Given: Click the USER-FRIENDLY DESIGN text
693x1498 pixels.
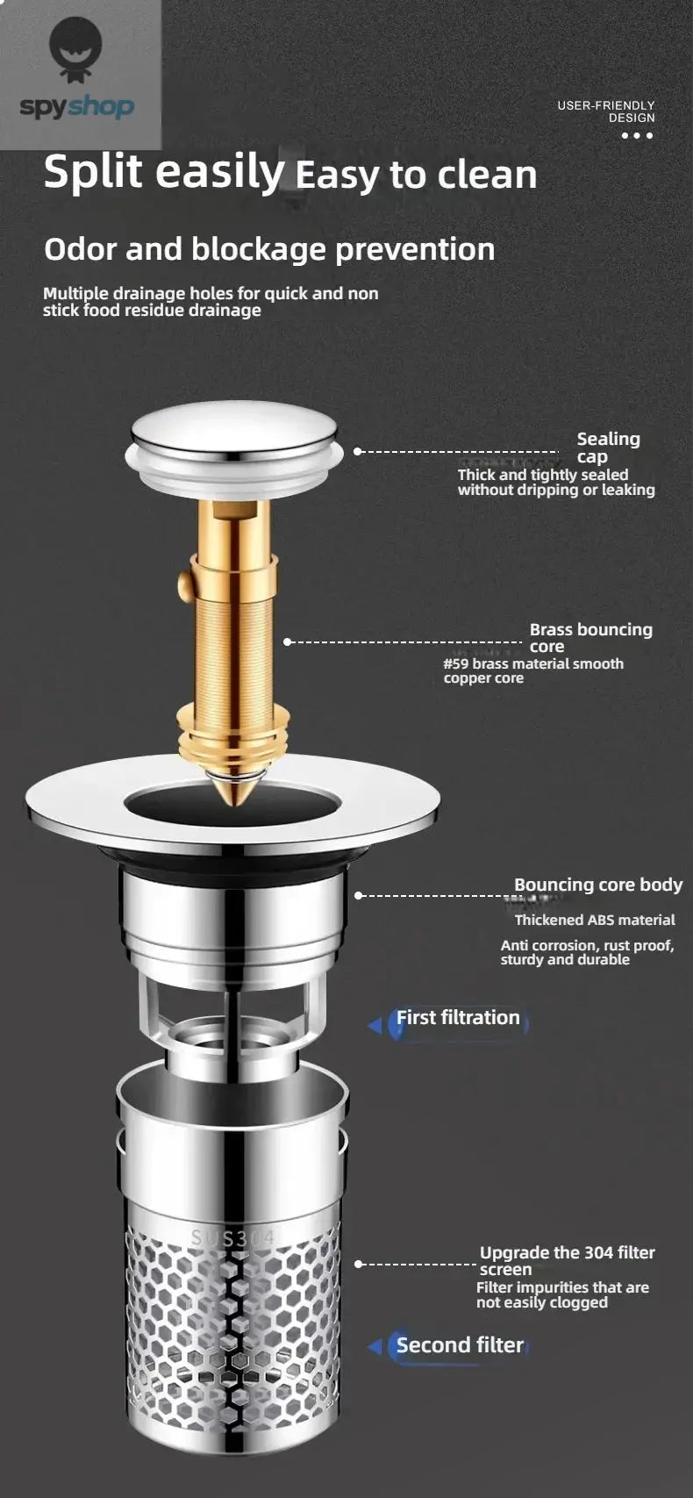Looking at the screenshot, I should [x=606, y=111].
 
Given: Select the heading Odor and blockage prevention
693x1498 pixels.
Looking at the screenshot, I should [x=269, y=250].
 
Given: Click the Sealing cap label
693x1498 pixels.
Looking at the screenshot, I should [x=608, y=447].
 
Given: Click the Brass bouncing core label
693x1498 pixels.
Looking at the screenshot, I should [x=590, y=637].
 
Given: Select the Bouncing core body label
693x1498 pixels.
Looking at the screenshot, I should [x=597, y=885].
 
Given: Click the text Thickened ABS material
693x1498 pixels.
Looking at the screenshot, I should [x=595, y=920].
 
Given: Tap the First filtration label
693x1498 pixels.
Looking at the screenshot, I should [x=458, y=1018].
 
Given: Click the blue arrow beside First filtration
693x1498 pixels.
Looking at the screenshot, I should [x=375, y=1024].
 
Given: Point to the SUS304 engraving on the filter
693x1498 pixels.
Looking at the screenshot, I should [x=233, y=1237].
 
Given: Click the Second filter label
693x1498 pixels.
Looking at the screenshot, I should [x=460, y=1345].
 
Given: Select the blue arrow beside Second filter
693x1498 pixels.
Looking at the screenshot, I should [x=375, y=1346].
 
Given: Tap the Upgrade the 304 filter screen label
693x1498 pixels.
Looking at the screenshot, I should [x=567, y=1261].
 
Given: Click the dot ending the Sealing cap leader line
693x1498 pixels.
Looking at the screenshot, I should [x=358, y=451].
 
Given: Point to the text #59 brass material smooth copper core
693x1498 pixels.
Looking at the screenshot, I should [x=533, y=671].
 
